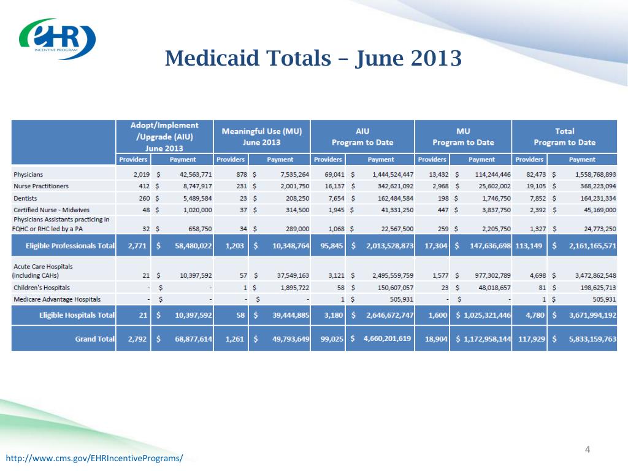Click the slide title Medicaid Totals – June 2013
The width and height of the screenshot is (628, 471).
(x=313, y=59)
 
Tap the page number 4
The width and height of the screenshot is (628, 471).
(x=588, y=450)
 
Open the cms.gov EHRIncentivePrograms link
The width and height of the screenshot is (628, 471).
(x=94, y=459)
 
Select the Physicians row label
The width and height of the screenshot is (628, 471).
(x=28, y=174)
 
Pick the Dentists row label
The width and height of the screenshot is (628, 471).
(x=26, y=198)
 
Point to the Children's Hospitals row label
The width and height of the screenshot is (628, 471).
(x=42, y=287)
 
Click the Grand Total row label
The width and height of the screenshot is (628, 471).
(x=95, y=339)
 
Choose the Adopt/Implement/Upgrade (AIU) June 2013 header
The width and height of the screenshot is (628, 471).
(x=164, y=136)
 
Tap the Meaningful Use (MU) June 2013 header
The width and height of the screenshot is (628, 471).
(x=261, y=136)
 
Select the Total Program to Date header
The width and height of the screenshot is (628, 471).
(x=564, y=136)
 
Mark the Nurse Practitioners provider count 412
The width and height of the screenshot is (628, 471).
(x=142, y=186)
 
